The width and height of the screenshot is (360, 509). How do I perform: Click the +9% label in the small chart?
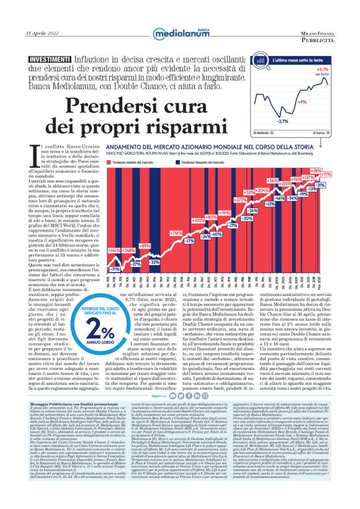pos(302,101)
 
